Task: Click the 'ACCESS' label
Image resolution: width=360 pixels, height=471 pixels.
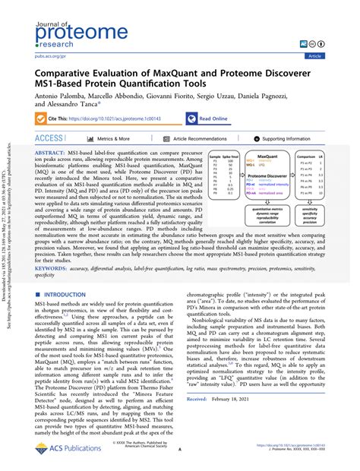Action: [50, 139]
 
